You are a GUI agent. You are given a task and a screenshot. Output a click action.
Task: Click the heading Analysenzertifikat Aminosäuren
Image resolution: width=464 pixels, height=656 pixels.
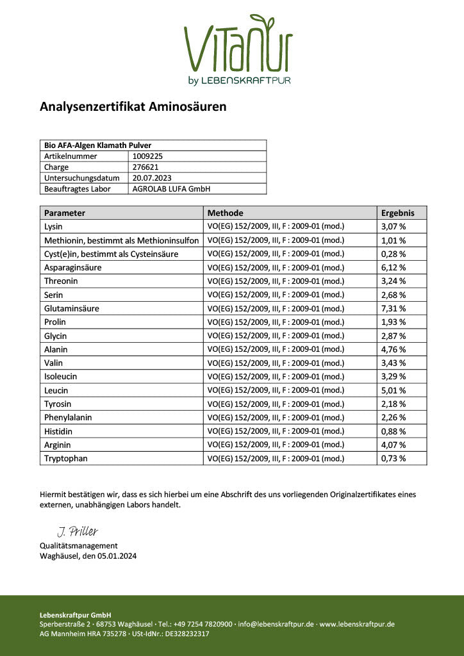(x=133, y=107)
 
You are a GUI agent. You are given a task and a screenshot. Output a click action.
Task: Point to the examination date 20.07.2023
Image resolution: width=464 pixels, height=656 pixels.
(x=152, y=177)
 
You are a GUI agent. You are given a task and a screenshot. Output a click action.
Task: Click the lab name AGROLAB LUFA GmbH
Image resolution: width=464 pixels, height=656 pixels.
(x=171, y=189)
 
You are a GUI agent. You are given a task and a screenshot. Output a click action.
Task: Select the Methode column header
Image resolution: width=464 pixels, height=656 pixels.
(x=225, y=213)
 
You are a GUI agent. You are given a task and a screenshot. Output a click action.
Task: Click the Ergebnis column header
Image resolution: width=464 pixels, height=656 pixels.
(x=397, y=213)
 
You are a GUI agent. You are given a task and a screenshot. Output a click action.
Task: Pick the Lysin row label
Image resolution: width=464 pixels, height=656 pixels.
(x=54, y=227)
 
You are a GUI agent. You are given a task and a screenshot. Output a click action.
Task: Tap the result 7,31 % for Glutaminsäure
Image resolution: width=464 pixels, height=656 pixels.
(x=394, y=308)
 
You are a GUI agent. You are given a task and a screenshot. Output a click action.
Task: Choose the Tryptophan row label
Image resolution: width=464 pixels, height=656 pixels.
(x=66, y=459)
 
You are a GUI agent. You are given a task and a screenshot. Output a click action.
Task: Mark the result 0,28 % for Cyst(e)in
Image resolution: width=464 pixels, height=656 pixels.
(x=394, y=254)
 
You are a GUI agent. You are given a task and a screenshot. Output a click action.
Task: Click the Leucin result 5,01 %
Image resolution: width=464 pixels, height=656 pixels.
(x=394, y=390)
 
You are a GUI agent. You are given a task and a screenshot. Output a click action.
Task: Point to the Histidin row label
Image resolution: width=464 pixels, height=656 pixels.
(x=58, y=431)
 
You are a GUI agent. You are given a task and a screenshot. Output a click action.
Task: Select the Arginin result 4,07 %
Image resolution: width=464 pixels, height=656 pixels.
(x=394, y=445)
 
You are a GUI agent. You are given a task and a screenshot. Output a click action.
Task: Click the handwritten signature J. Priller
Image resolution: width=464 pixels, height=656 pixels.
(x=78, y=532)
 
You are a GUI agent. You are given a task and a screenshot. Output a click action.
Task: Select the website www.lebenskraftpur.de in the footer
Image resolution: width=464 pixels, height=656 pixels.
(x=357, y=624)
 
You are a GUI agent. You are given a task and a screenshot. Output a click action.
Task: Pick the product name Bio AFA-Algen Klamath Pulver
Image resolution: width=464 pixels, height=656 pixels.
(x=97, y=145)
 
